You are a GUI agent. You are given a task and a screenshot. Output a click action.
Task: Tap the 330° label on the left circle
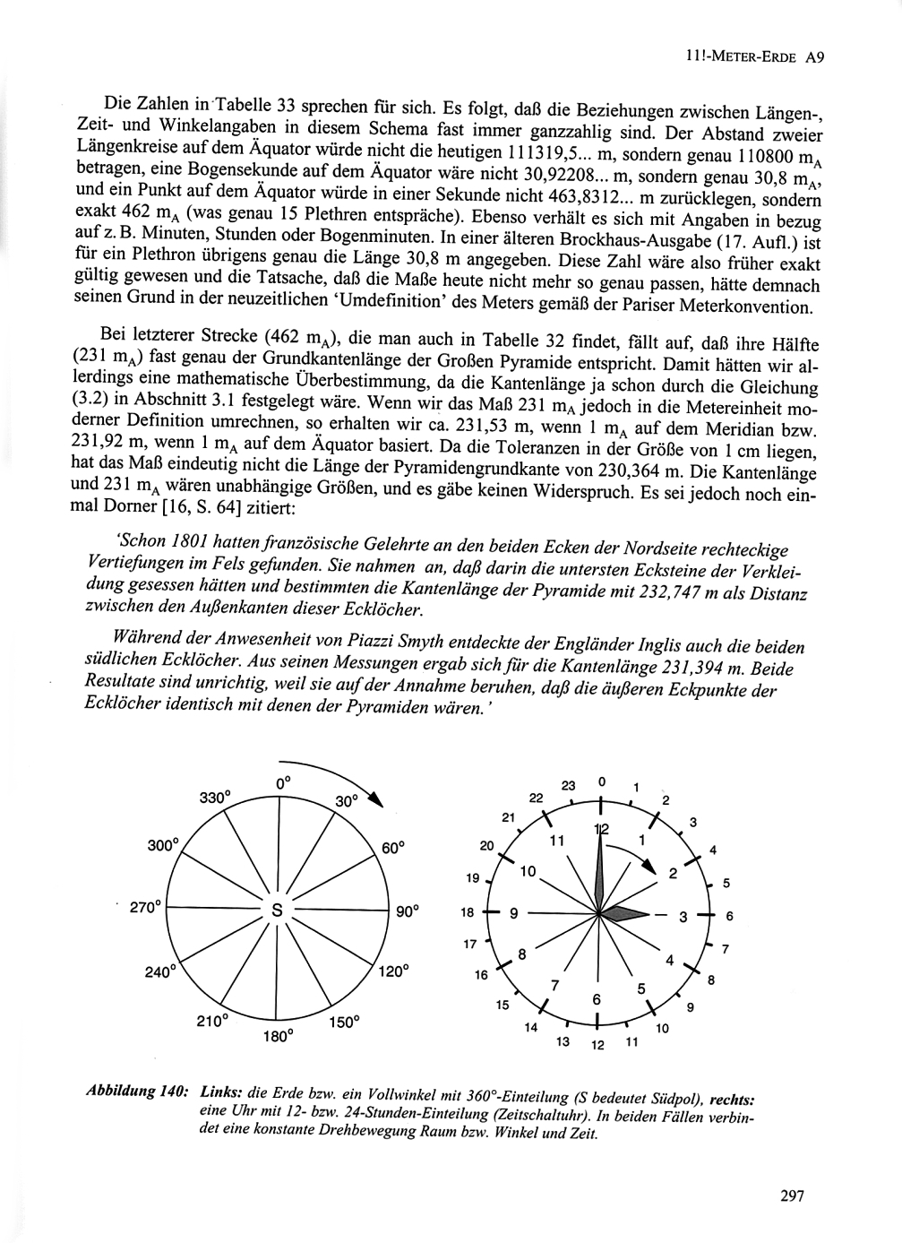click(x=215, y=797)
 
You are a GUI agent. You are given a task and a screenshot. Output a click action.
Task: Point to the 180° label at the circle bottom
click(x=278, y=1036)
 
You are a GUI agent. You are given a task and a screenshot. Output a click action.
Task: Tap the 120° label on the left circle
click(x=393, y=971)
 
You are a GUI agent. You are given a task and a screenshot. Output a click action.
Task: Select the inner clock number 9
click(x=514, y=914)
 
